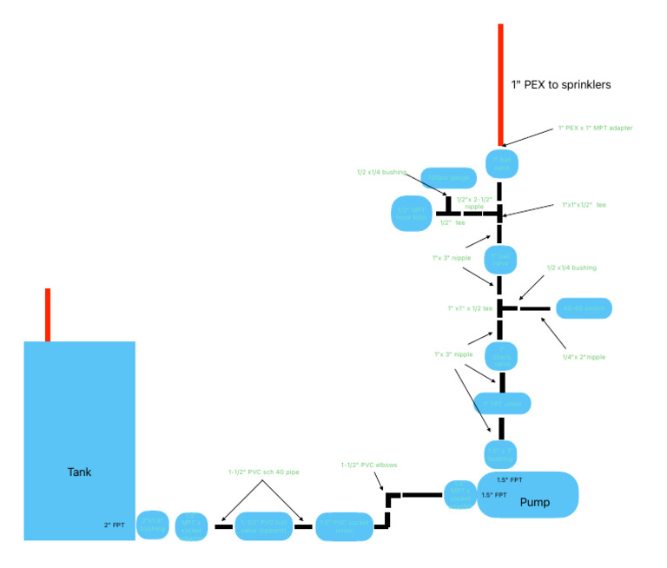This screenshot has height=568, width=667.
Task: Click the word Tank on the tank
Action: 79,472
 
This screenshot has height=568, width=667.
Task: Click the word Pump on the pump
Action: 535,502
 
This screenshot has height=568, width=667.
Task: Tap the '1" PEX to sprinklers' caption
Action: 561,85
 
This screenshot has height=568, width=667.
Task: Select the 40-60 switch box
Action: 583,308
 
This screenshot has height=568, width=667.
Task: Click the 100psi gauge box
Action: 446,178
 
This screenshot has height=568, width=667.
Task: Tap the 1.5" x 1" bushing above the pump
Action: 500,453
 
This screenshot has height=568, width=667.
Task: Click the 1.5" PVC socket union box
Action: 344,525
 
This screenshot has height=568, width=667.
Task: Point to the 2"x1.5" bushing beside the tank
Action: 152,524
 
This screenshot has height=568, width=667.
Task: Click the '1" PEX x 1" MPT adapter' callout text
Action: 595,128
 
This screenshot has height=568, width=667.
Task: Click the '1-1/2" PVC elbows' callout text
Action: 368,466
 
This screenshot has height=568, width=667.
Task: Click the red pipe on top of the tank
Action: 48,314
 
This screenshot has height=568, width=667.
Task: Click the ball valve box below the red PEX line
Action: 500,162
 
